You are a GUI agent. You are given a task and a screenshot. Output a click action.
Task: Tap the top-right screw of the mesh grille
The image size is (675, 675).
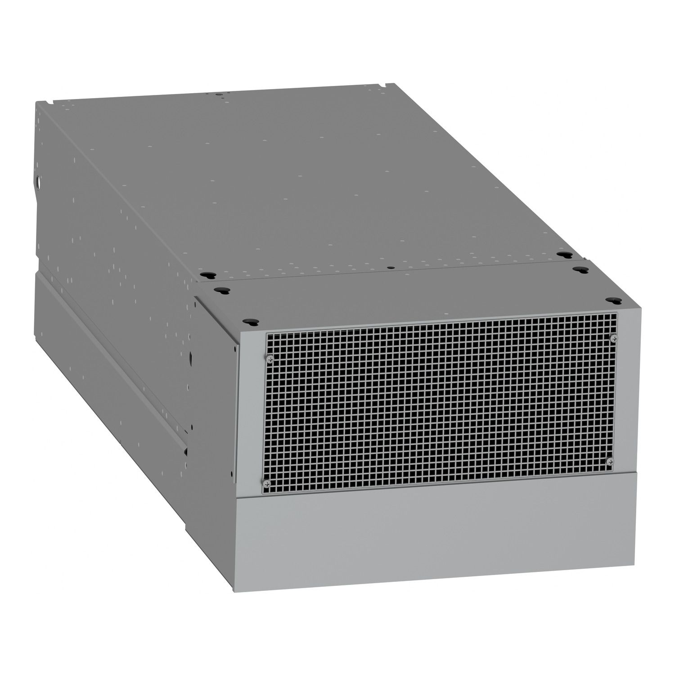[x=612, y=337]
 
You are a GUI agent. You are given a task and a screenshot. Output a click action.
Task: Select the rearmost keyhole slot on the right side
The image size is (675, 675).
[x=561, y=255]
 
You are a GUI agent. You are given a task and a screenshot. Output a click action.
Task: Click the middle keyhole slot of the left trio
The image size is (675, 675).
[x=220, y=290]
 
